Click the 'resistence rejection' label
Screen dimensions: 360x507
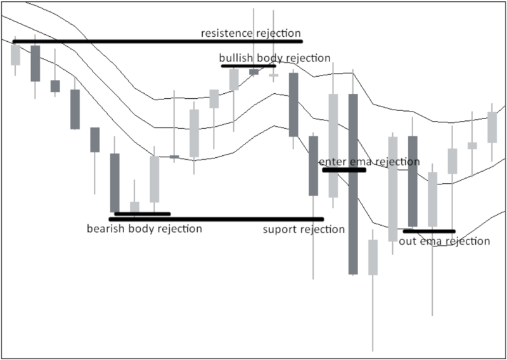tap(251, 33)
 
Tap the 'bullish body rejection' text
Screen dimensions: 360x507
tap(274, 58)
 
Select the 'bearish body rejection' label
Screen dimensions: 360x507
tap(144, 228)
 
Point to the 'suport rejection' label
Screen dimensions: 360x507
tap(304, 229)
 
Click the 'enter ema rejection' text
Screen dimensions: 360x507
tap(369, 162)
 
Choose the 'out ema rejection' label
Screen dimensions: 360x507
tap(444, 241)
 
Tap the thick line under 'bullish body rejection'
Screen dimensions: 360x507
tap(248, 65)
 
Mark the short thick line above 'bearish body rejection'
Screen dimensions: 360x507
tap(143, 214)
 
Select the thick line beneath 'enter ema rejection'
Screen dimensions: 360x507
tap(344, 170)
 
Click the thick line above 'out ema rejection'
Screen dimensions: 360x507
tap(429, 231)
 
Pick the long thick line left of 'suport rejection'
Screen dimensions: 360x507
tap(215, 219)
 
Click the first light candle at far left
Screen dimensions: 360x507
tap(15, 55)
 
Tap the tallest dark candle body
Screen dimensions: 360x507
tap(353, 184)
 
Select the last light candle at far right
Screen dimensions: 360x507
tap(492, 127)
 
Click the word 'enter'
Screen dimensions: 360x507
tap(331, 162)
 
